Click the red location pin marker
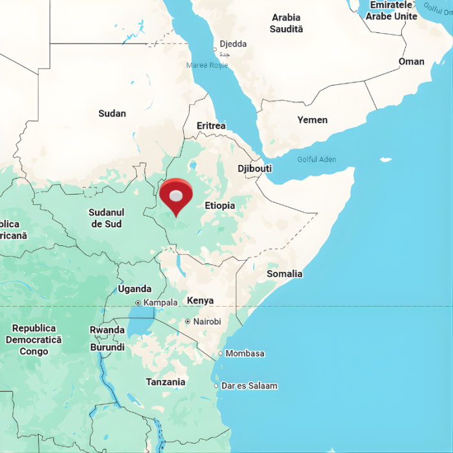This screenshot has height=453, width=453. [176, 195]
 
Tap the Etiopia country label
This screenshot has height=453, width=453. [219, 205]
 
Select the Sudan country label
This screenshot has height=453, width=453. [112, 113]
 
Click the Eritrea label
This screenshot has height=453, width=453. [211, 126]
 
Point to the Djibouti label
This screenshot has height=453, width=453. [254, 168]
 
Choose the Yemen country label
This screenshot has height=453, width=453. [312, 120]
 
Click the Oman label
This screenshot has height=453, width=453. [411, 61]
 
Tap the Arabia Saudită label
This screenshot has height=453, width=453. [287, 23]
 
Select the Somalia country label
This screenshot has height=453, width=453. [284, 274]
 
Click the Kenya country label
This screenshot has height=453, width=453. [200, 300]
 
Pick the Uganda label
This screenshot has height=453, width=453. [135, 289]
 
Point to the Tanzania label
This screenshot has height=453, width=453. [165, 382]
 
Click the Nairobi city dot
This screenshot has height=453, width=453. [188, 322]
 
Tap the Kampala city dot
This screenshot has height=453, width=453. [138, 303]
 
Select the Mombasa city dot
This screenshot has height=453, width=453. [220, 353]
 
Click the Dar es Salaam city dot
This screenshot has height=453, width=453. [216, 386]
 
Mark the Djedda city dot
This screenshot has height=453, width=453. [215, 49]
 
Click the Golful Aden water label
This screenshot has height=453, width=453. [316, 159]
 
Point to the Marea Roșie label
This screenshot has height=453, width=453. [207, 65]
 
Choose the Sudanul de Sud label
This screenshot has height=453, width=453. [107, 218]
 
